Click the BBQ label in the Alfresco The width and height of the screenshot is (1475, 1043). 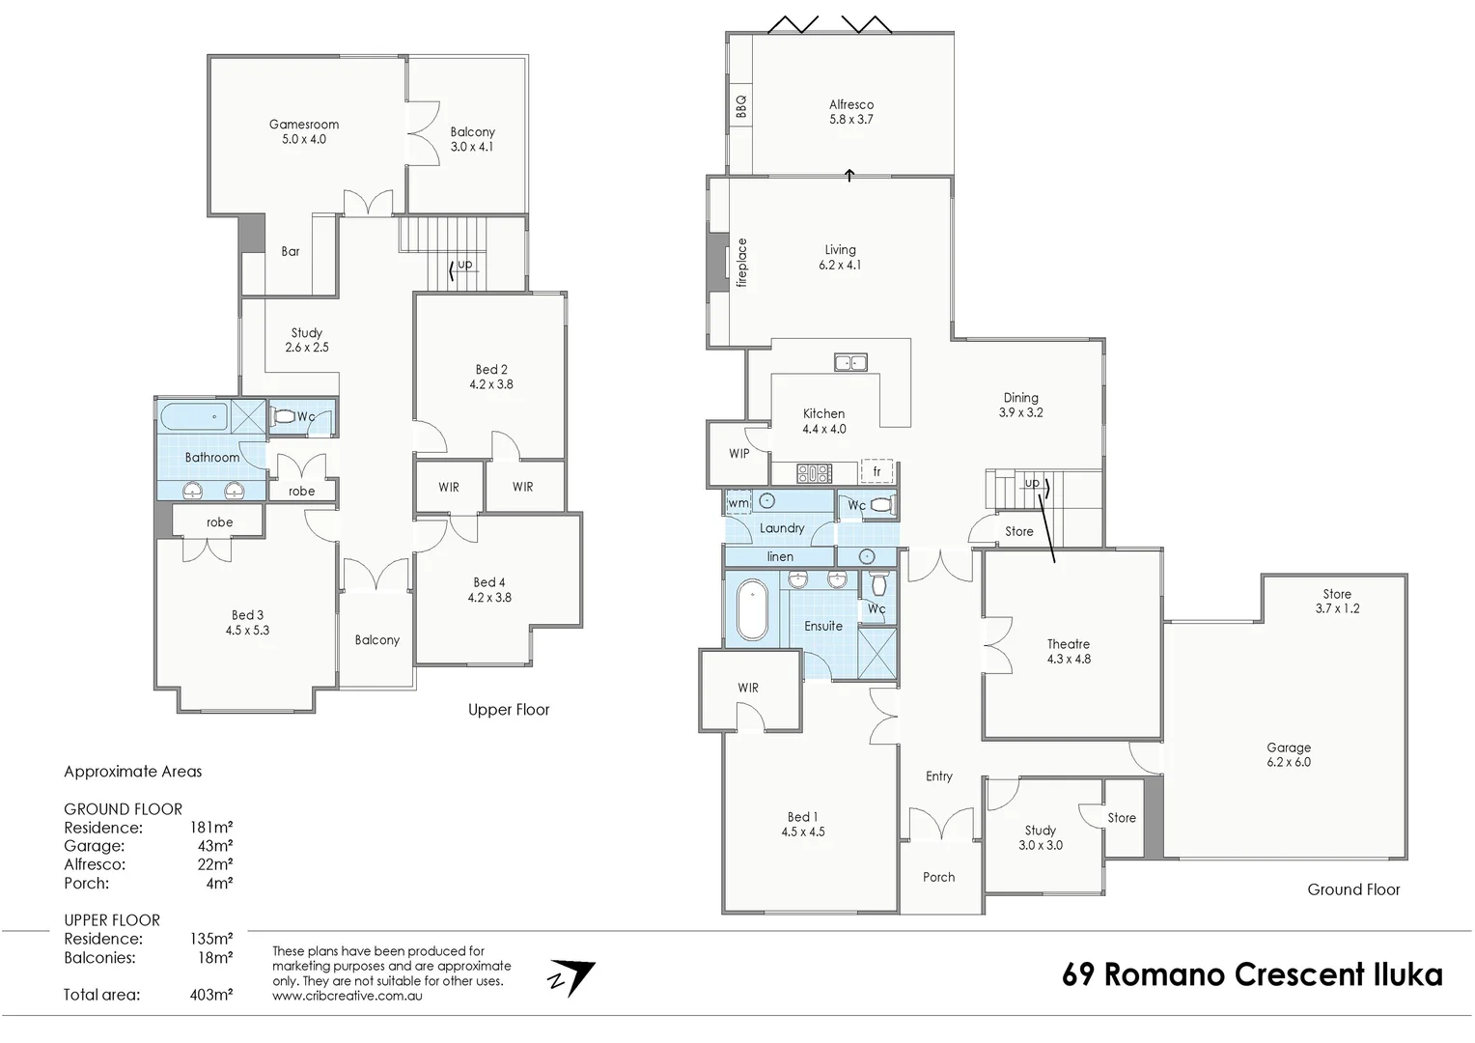[741, 105]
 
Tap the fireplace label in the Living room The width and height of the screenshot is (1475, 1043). [742, 263]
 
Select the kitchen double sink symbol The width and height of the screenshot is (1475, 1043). [850, 362]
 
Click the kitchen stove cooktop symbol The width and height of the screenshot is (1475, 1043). [814, 473]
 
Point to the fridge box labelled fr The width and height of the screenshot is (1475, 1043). [877, 471]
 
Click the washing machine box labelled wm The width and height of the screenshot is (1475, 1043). [738, 503]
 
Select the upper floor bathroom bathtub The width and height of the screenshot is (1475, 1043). [194, 417]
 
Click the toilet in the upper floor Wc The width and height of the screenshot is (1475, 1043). [284, 417]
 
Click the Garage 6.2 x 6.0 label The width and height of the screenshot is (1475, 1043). [1289, 754]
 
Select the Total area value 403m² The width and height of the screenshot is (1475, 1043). [210, 995]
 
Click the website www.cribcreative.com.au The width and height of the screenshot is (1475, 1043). [347, 996]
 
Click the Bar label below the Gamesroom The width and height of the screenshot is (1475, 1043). [291, 251]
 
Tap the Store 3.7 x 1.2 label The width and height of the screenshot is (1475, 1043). [1337, 601]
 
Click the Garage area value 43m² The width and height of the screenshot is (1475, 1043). [214, 846]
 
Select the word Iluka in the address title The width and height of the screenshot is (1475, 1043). [1407, 974]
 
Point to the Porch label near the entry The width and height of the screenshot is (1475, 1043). [938, 877]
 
